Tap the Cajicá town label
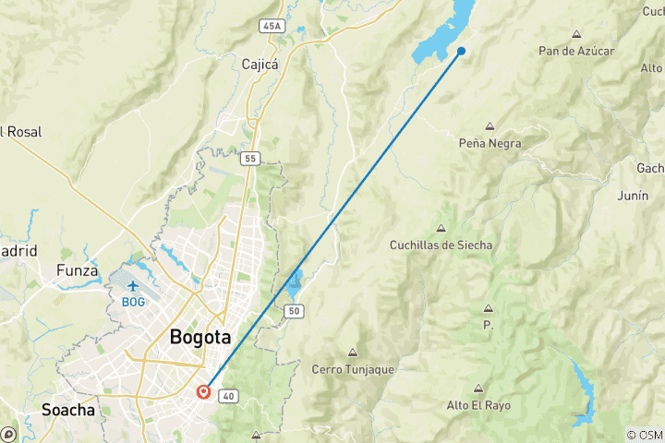click(x=260, y=65)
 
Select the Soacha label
click(x=68, y=410)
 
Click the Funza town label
click(x=77, y=270)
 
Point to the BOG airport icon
click(x=134, y=285)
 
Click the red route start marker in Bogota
click(x=204, y=392)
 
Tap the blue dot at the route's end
click(x=461, y=51)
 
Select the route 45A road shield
click(x=272, y=26)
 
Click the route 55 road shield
click(x=250, y=159)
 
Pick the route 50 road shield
click(x=295, y=312)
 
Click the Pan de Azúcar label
click(x=576, y=51)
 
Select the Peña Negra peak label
click(x=490, y=143)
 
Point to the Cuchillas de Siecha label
click(x=441, y=245)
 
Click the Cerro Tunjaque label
click(x=352, y=369)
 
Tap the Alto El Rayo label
click(x=478, y=405)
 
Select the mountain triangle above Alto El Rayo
click(x=478, y=389)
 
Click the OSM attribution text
click(x=645, y=435)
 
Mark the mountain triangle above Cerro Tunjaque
click(x=352, y=353)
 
